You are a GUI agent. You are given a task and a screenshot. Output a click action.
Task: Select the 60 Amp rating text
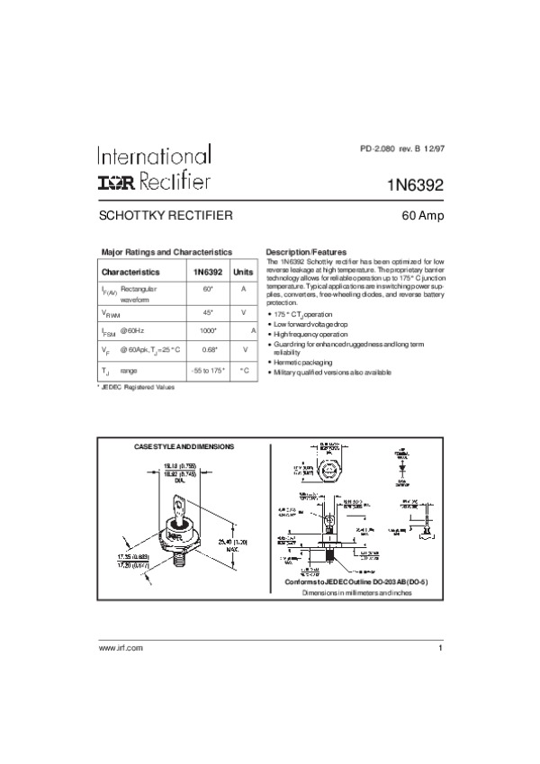point(422,217)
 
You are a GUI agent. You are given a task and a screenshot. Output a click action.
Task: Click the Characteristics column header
point(130,271)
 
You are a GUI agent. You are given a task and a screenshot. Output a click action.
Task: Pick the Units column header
point(243,271)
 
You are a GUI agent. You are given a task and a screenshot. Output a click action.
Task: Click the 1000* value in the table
point(207,331)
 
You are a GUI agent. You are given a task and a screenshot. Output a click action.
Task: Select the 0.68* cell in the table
point(207,349)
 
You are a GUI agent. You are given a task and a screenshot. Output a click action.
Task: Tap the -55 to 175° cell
point(207,371)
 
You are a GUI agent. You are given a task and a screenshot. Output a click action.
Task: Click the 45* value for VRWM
point(207,311)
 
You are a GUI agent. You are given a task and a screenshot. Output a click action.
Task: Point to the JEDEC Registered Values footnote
point(137,387)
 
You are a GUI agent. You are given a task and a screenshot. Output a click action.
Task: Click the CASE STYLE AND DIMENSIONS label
point(184,446)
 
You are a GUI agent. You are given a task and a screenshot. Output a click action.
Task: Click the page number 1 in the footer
point(441,698)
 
